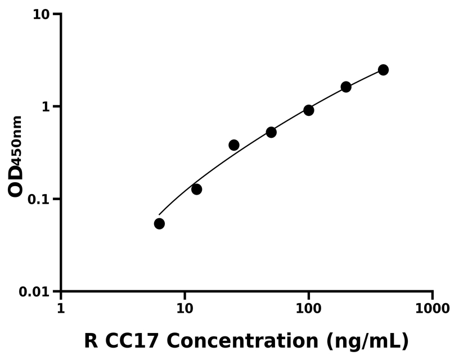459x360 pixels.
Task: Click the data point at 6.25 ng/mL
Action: [x=159, y=224]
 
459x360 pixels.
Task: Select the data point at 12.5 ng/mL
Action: [x=196, y=190]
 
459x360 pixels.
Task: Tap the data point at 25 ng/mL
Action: [x=234, y=145]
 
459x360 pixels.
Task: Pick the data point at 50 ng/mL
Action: [x=271, y=132]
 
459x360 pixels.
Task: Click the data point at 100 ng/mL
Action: [x=309, y=110]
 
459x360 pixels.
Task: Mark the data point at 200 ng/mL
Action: [x=346, y=87]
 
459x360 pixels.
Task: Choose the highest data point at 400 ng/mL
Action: [x=383, y=70]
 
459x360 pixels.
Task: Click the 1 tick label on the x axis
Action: [x=61, y=309]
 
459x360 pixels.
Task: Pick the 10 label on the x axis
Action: [x=184, y=309]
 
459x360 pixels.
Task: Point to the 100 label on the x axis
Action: [x=308, y=309]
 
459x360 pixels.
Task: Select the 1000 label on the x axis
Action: [x=432, y=309]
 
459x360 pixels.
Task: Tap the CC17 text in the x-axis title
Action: [x=132, y=341]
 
